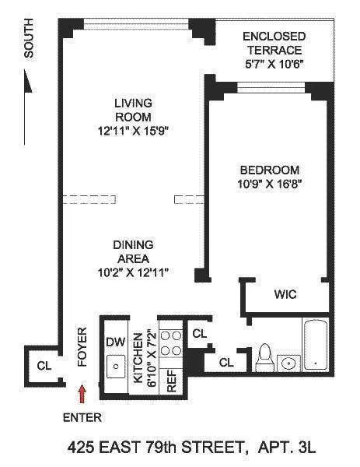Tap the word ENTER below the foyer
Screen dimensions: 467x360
[82, 418]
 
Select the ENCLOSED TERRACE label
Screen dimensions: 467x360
[274, 43]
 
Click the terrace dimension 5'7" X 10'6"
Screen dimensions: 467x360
[274, 65]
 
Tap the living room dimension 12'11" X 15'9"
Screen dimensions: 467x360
[131, 130]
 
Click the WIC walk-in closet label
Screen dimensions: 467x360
[285, 295]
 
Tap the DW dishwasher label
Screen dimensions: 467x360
[114, 341]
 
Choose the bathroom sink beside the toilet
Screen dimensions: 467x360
[289, 363]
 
